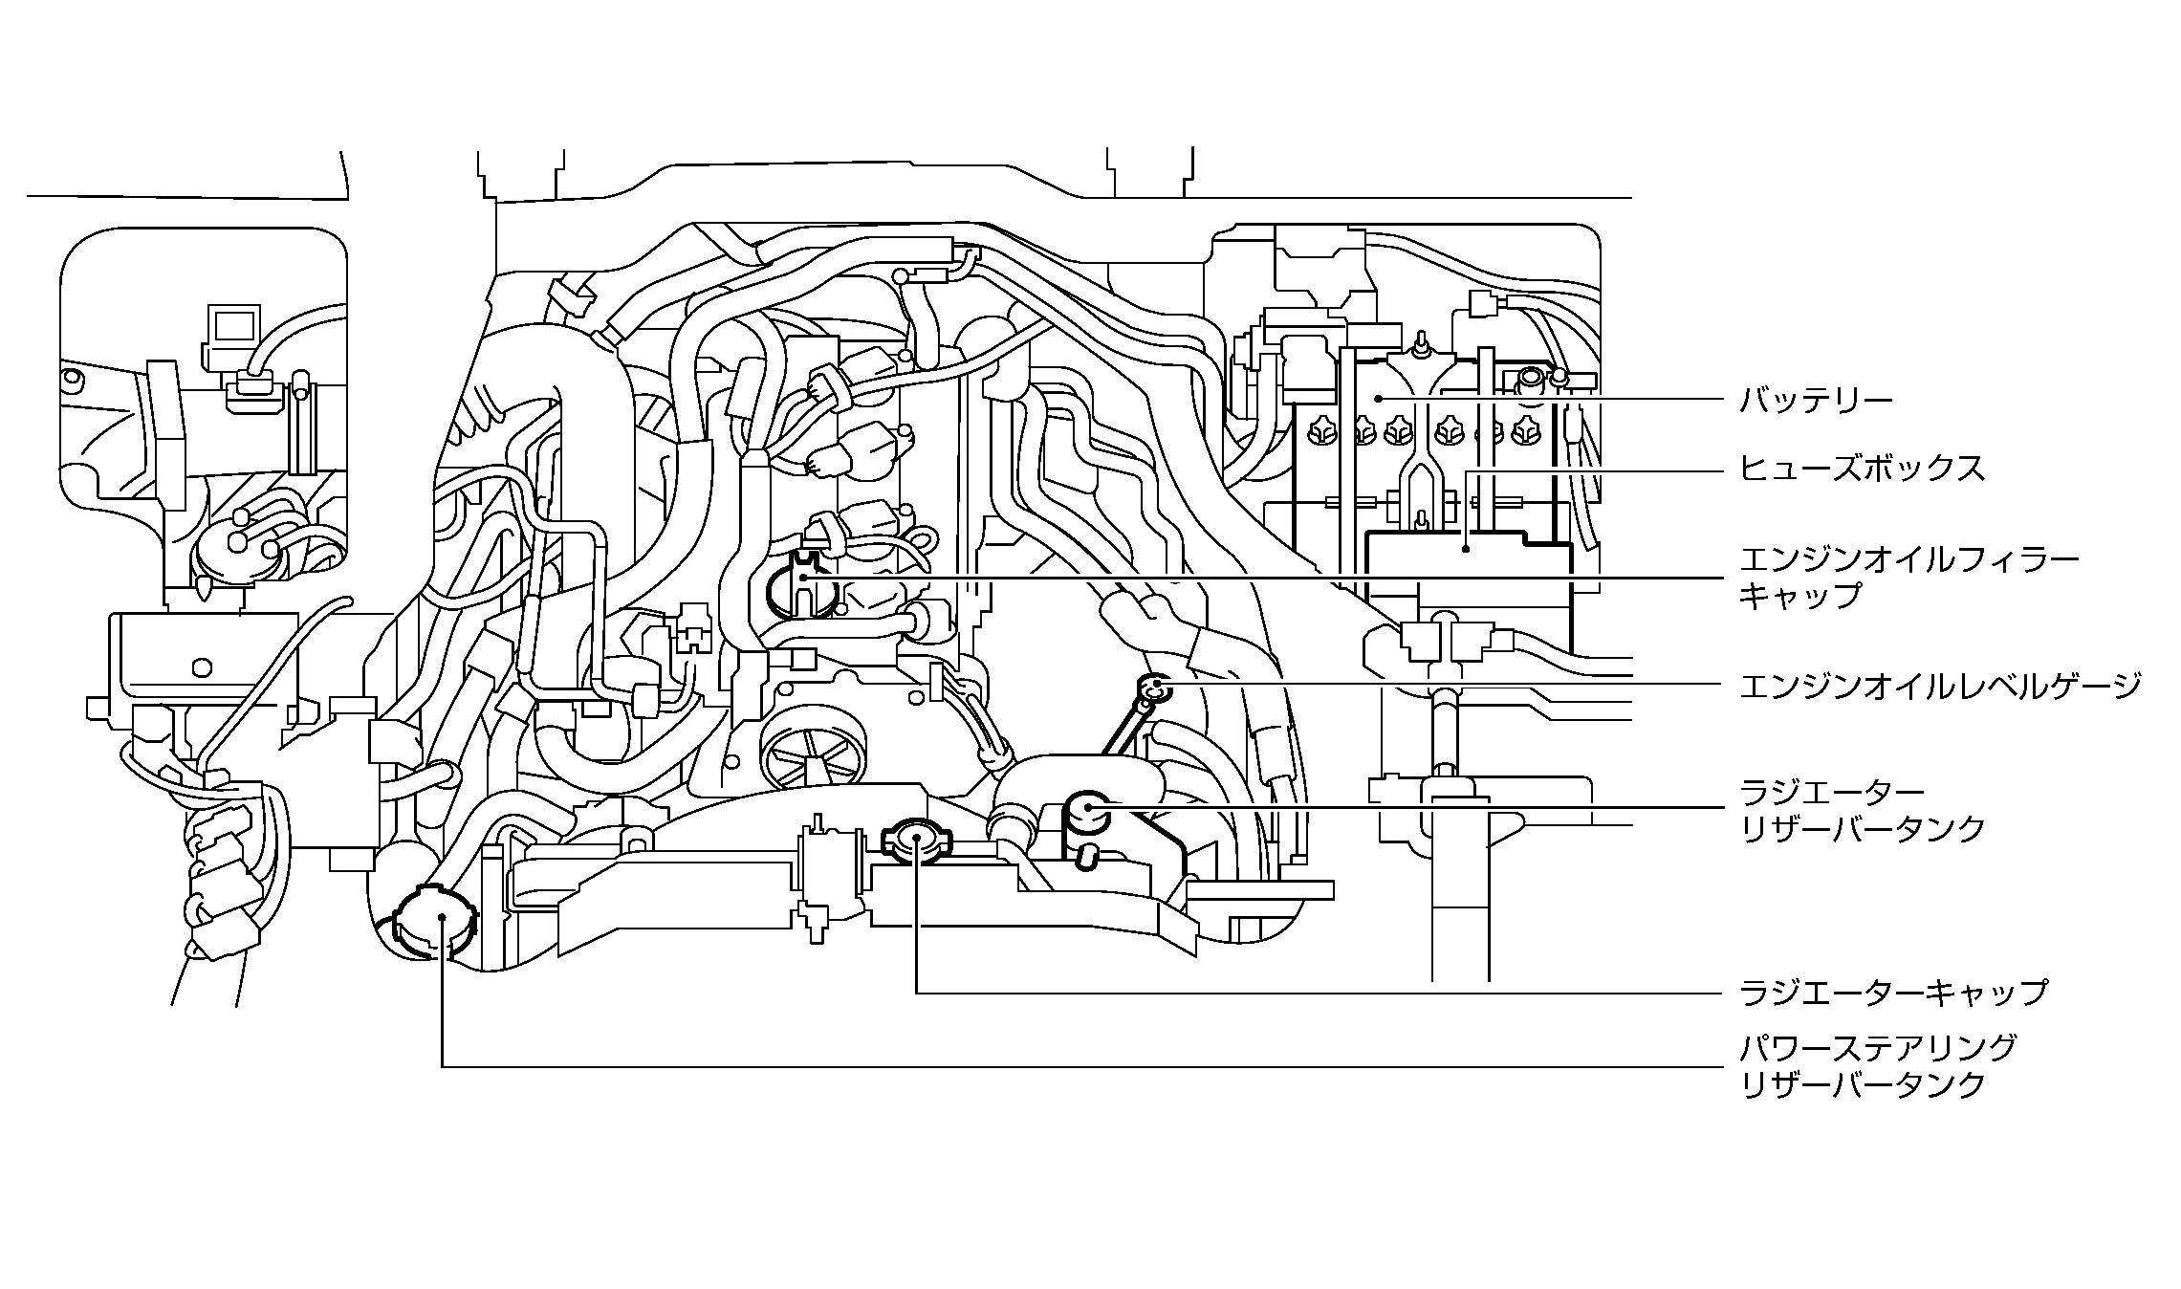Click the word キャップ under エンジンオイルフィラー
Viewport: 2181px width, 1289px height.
[x=1799, y=596]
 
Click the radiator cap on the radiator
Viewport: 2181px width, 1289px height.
[x=915, y=840]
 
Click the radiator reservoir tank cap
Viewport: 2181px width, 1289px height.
[x=1088, y=812]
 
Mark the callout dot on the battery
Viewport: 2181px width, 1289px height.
[x=1378, y=398]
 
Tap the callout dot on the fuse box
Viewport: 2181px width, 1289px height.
[x=1467, y=549]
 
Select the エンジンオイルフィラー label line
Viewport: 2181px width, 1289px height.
[x=1908, y=559]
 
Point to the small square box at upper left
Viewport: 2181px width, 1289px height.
[x=233, y=327]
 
